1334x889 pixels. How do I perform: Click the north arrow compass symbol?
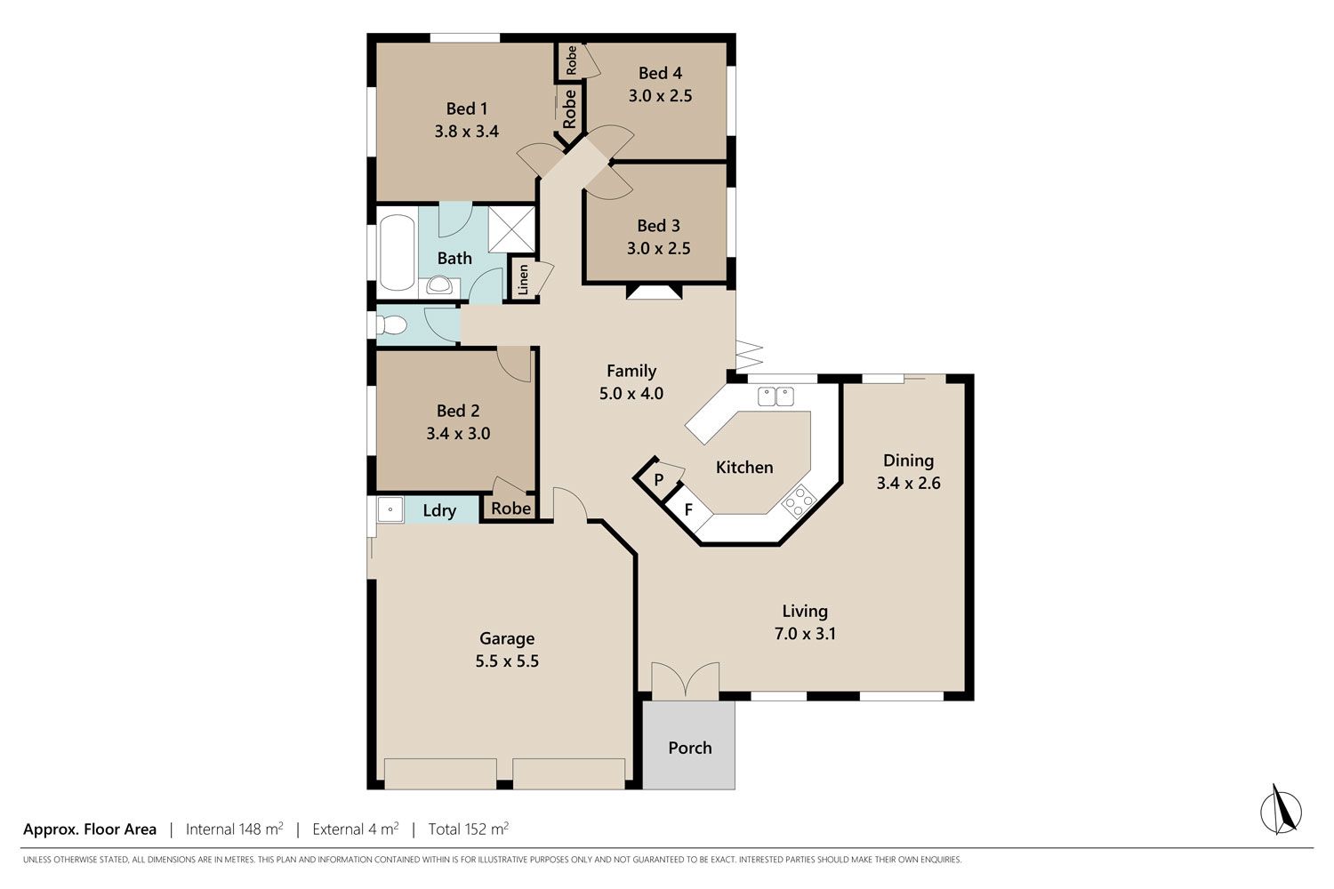point(1281,811)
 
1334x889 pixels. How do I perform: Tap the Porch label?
point(689,748)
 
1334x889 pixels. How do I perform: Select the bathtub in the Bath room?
point(397,252)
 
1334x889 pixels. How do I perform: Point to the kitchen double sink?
point(775,396)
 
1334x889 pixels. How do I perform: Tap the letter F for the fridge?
point(688,510)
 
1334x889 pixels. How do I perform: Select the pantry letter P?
point(659,479)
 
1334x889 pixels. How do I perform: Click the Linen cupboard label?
point(523,280)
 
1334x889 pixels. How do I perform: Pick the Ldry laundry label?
point(439,510)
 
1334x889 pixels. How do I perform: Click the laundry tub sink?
point(390,509)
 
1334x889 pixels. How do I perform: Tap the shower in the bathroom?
point(511,229)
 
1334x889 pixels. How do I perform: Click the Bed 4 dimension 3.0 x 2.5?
point(660,95)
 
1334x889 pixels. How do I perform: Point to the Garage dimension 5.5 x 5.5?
point(507,661)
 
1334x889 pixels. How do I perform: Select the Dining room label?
point(908,461)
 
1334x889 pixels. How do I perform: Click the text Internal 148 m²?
point(235,829)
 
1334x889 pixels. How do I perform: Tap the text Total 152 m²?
point(469,829)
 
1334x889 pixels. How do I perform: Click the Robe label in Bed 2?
point(511,509)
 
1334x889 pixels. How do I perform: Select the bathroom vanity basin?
point(439,285)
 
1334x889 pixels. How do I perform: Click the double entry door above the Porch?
point(686,679)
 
